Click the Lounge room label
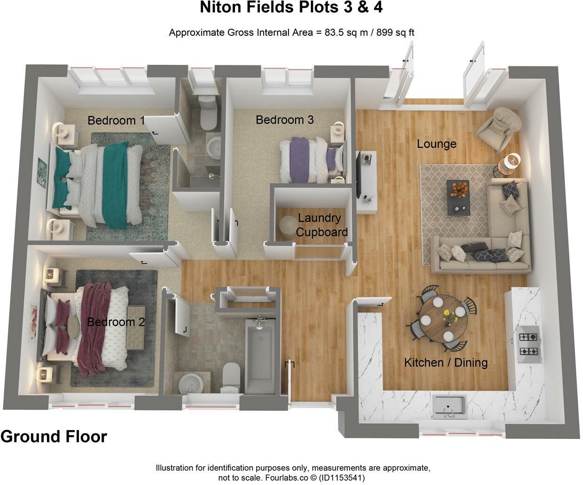click(x=436, y=144)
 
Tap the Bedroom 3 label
click(x=284, y=120)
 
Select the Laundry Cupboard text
click(x=321, y=225)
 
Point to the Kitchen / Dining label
click(x=446, y=362)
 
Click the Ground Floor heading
click(x=54, y=437)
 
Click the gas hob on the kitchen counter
click(x=528, y=344)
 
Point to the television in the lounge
click(x=358, y=174)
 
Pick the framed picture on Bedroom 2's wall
click(x=32, y=321)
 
